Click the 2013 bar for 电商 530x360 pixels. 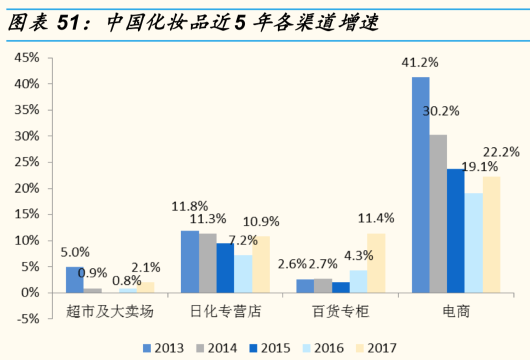click(420, 185)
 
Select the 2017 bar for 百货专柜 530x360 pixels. click(376, 263)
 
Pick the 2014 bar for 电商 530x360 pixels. click(438, 213)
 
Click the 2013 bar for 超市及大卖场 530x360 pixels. click(75, 279)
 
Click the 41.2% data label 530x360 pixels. click(420, 62)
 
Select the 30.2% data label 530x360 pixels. click(440, 111)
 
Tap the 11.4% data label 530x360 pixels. click(376, 218)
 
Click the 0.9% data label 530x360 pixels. click(92, 273)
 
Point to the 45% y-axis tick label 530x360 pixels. click(26, 58)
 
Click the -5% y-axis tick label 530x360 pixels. click(26, 319)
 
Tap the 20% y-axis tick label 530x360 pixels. click(26, 188)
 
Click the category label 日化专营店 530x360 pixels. click(225, 312)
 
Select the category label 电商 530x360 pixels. click(456, 312)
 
